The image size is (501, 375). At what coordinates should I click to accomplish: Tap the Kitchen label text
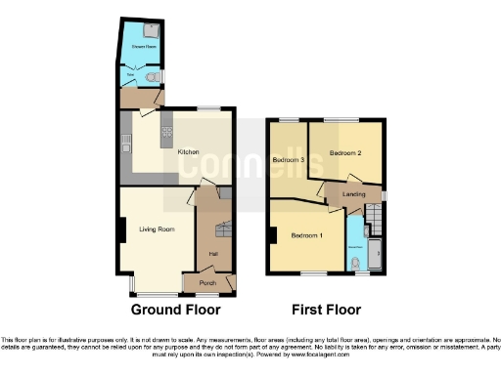[189, 152]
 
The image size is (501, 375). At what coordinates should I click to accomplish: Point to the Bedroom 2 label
[345, 153]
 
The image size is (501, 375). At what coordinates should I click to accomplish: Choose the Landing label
[354, 195]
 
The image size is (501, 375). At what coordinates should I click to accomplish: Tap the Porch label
[207, 283]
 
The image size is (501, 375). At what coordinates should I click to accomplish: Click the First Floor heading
[328, 310]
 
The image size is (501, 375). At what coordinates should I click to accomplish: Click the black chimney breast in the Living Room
[120, 230]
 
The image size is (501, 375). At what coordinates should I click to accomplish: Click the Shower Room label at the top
[139, 46]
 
